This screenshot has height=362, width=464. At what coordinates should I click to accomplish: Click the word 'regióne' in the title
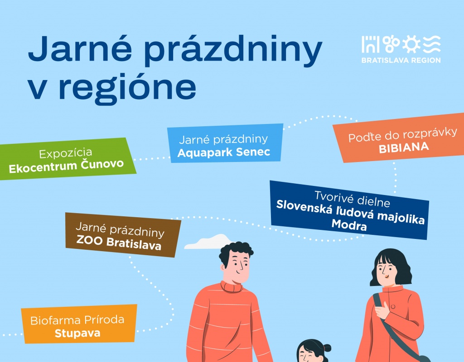pyautogui.click(x=128, y=87)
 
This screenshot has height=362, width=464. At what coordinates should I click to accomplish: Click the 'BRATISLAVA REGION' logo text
pyautogui.click(x=401, y=60)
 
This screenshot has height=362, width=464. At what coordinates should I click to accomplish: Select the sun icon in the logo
pyautogui.click(x=411, y=44)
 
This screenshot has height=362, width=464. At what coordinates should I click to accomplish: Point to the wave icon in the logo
pyautogui.click(x=432, y=44)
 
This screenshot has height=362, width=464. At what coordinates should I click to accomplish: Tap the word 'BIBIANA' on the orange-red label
pyautogui.click(x=404, y=148)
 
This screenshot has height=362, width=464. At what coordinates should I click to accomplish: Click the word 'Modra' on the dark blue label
pyautogui.click(x=349, y=225)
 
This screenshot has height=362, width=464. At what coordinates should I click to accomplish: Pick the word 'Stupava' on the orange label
pyautogui.click(x=77, y=333)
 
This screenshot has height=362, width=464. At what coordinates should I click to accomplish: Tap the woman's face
pyautogui.click(x=387, y=271)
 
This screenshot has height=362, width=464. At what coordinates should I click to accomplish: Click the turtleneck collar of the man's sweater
pyautogui.click(x=232, y=286)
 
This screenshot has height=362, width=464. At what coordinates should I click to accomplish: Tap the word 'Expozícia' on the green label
pyautogui.click(x=66, y=153)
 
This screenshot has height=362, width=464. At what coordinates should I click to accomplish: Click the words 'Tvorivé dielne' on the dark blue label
pyautogui.click(x=352, y=199)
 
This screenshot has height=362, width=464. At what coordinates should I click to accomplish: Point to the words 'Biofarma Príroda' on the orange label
pyautogui.click(x=77, y=320)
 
